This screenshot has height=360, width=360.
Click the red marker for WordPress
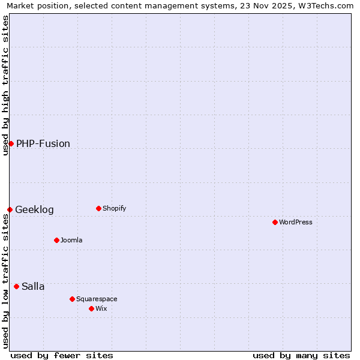pyautogui.click(x=275, y=222)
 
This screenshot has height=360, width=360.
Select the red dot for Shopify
pyautogui.click(x=98, y=208)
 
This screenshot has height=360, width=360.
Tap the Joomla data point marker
pyautogui.click(x=56, y=240)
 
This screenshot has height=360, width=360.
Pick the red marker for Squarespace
pyautogui.click(x=72, y=299)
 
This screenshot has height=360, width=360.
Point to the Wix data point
pyautogui.click(x=91, y=308)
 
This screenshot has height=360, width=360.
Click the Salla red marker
pyautogui.click(x=16, y=286)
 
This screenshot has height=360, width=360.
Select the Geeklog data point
pyautogui.click(x=10, y=209)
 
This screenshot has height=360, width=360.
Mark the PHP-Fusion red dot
pyautogui.click(x=11, y=143)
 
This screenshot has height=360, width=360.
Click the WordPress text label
pyautogui.click(x=296, y=222)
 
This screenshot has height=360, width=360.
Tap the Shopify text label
pyautogui.click(x=115, y=208)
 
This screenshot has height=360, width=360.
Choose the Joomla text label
pyautogui.click(x=71, y=240)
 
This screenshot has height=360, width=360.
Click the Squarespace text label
pyautogui.click(x=97, y=299)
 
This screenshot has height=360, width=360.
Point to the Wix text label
pyautogui.click(x=101, y=308)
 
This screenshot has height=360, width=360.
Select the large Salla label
pyautogui.click(x=33, y=286)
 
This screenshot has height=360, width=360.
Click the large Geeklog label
pyautogui.click(x=34, y=209)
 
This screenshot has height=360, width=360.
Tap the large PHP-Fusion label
pyautogui.click(x=43, y=143)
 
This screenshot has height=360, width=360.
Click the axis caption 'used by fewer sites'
pyautogui.click(x=62, y=355)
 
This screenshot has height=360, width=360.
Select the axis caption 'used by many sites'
pyautogui.click(x=301, y=355)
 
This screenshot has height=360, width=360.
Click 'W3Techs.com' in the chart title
pyautogui.click(x=326, y=6)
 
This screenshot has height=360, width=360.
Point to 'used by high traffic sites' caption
pyautogui.click(x=6, y=85)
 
